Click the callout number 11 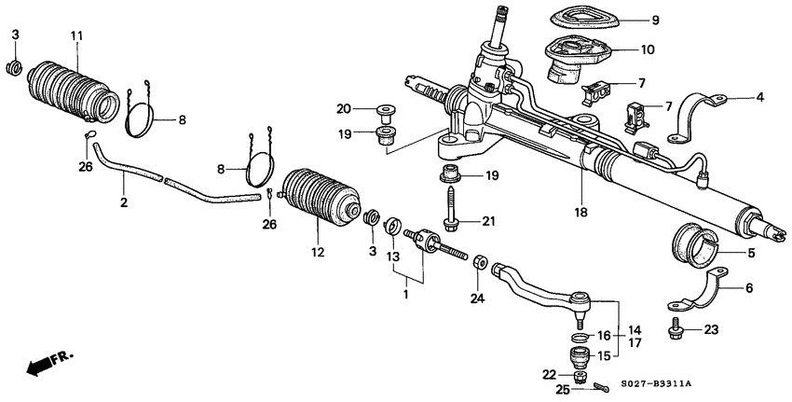[x=76, y=35]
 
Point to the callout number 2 [x=123, y=201]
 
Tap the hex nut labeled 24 [x=478, y=262]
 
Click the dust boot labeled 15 [x=579, y=355]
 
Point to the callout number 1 [x=404, y=296]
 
